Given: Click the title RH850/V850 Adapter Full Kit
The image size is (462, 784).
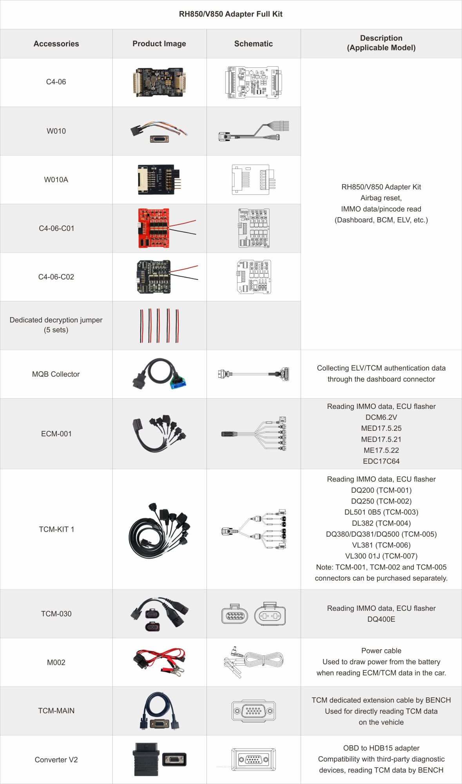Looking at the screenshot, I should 230,14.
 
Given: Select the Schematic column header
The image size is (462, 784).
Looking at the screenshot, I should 253,44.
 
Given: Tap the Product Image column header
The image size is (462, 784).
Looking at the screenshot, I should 159,44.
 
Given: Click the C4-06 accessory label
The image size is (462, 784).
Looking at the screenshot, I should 56,82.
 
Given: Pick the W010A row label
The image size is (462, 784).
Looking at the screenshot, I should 56,180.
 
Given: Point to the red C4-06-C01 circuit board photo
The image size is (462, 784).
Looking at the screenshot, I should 154,228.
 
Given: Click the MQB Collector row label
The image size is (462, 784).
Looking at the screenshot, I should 56,374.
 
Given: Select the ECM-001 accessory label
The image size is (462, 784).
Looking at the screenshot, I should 56,434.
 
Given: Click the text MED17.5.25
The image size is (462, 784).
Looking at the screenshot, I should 381,428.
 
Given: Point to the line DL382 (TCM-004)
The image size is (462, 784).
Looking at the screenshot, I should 381,523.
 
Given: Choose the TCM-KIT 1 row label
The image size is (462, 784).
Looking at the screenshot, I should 56,529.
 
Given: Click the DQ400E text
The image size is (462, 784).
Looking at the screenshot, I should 381,619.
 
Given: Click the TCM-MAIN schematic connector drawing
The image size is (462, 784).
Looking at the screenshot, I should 253,711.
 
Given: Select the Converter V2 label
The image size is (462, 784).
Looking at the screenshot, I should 56,760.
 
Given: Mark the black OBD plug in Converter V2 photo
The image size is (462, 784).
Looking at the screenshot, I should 146,759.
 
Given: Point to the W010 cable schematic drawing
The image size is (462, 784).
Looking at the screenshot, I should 253,131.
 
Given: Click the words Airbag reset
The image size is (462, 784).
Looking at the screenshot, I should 381,198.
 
